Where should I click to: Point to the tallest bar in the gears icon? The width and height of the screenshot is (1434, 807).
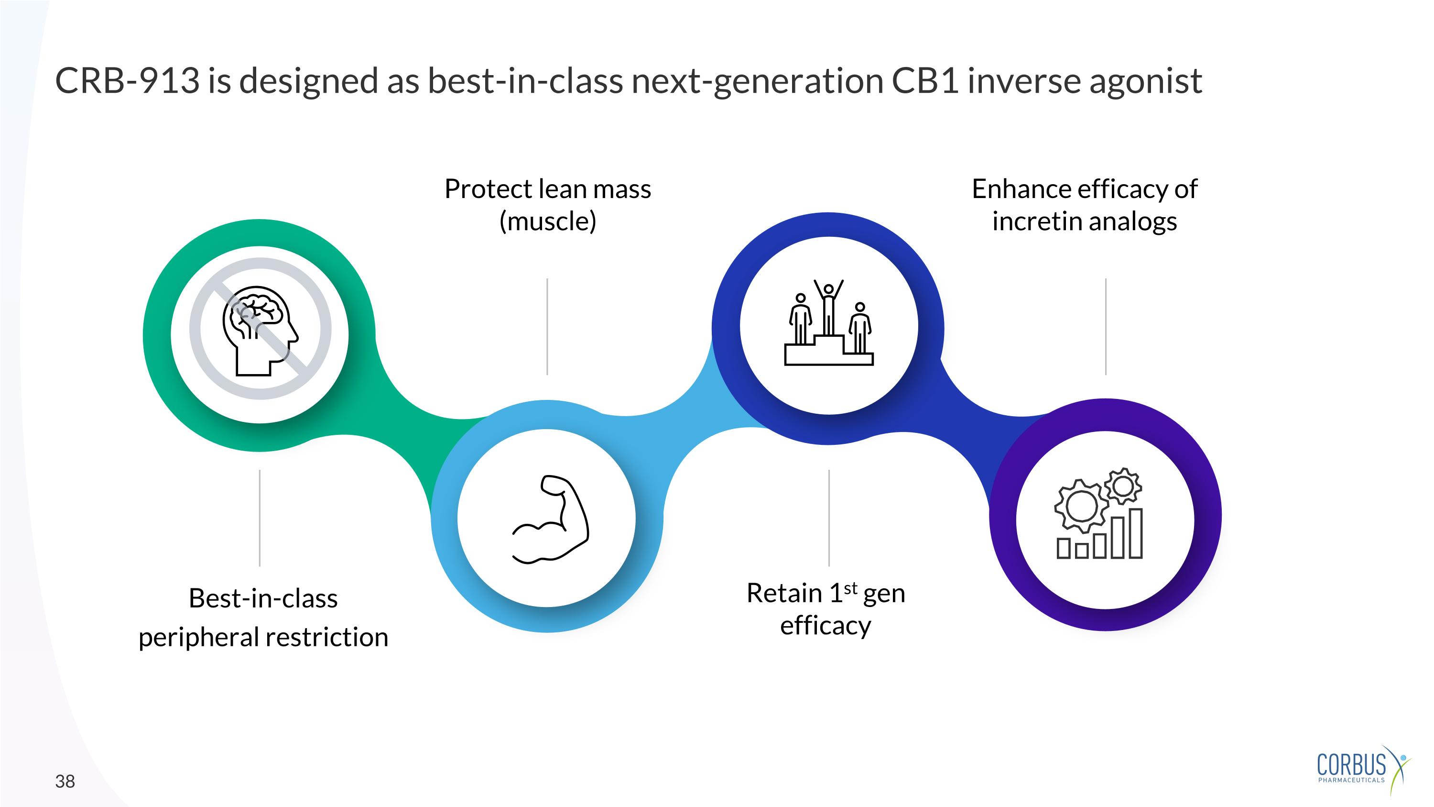(x=1135, y=533)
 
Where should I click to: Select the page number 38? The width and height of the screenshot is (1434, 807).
(x=65, y=781)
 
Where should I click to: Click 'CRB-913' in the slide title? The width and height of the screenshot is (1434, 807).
(x=127, y=81)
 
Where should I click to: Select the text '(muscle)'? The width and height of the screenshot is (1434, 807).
(x=548, y=221)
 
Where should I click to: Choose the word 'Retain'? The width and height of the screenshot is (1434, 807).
(x=784, y=593)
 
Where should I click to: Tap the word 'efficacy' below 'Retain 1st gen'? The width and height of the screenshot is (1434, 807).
(x=826, y=625)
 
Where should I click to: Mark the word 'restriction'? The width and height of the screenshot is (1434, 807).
(x=327, y=637)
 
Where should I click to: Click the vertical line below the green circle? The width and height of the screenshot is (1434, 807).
(x=260, y=518)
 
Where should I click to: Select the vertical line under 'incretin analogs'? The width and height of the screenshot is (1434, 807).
(x=1106, y=327)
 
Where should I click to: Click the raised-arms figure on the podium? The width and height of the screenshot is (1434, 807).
(x=829, y=306)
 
